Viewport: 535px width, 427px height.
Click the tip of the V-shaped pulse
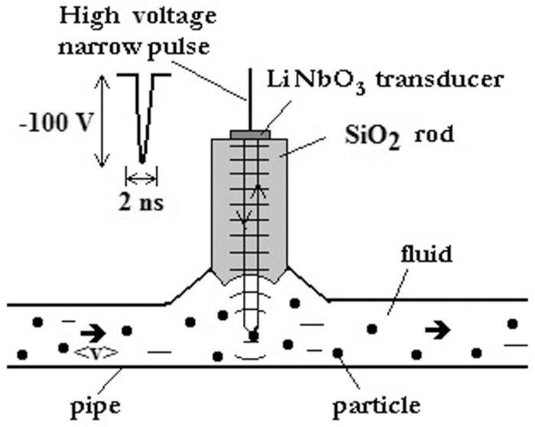142,159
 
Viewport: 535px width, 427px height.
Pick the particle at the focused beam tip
253,335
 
